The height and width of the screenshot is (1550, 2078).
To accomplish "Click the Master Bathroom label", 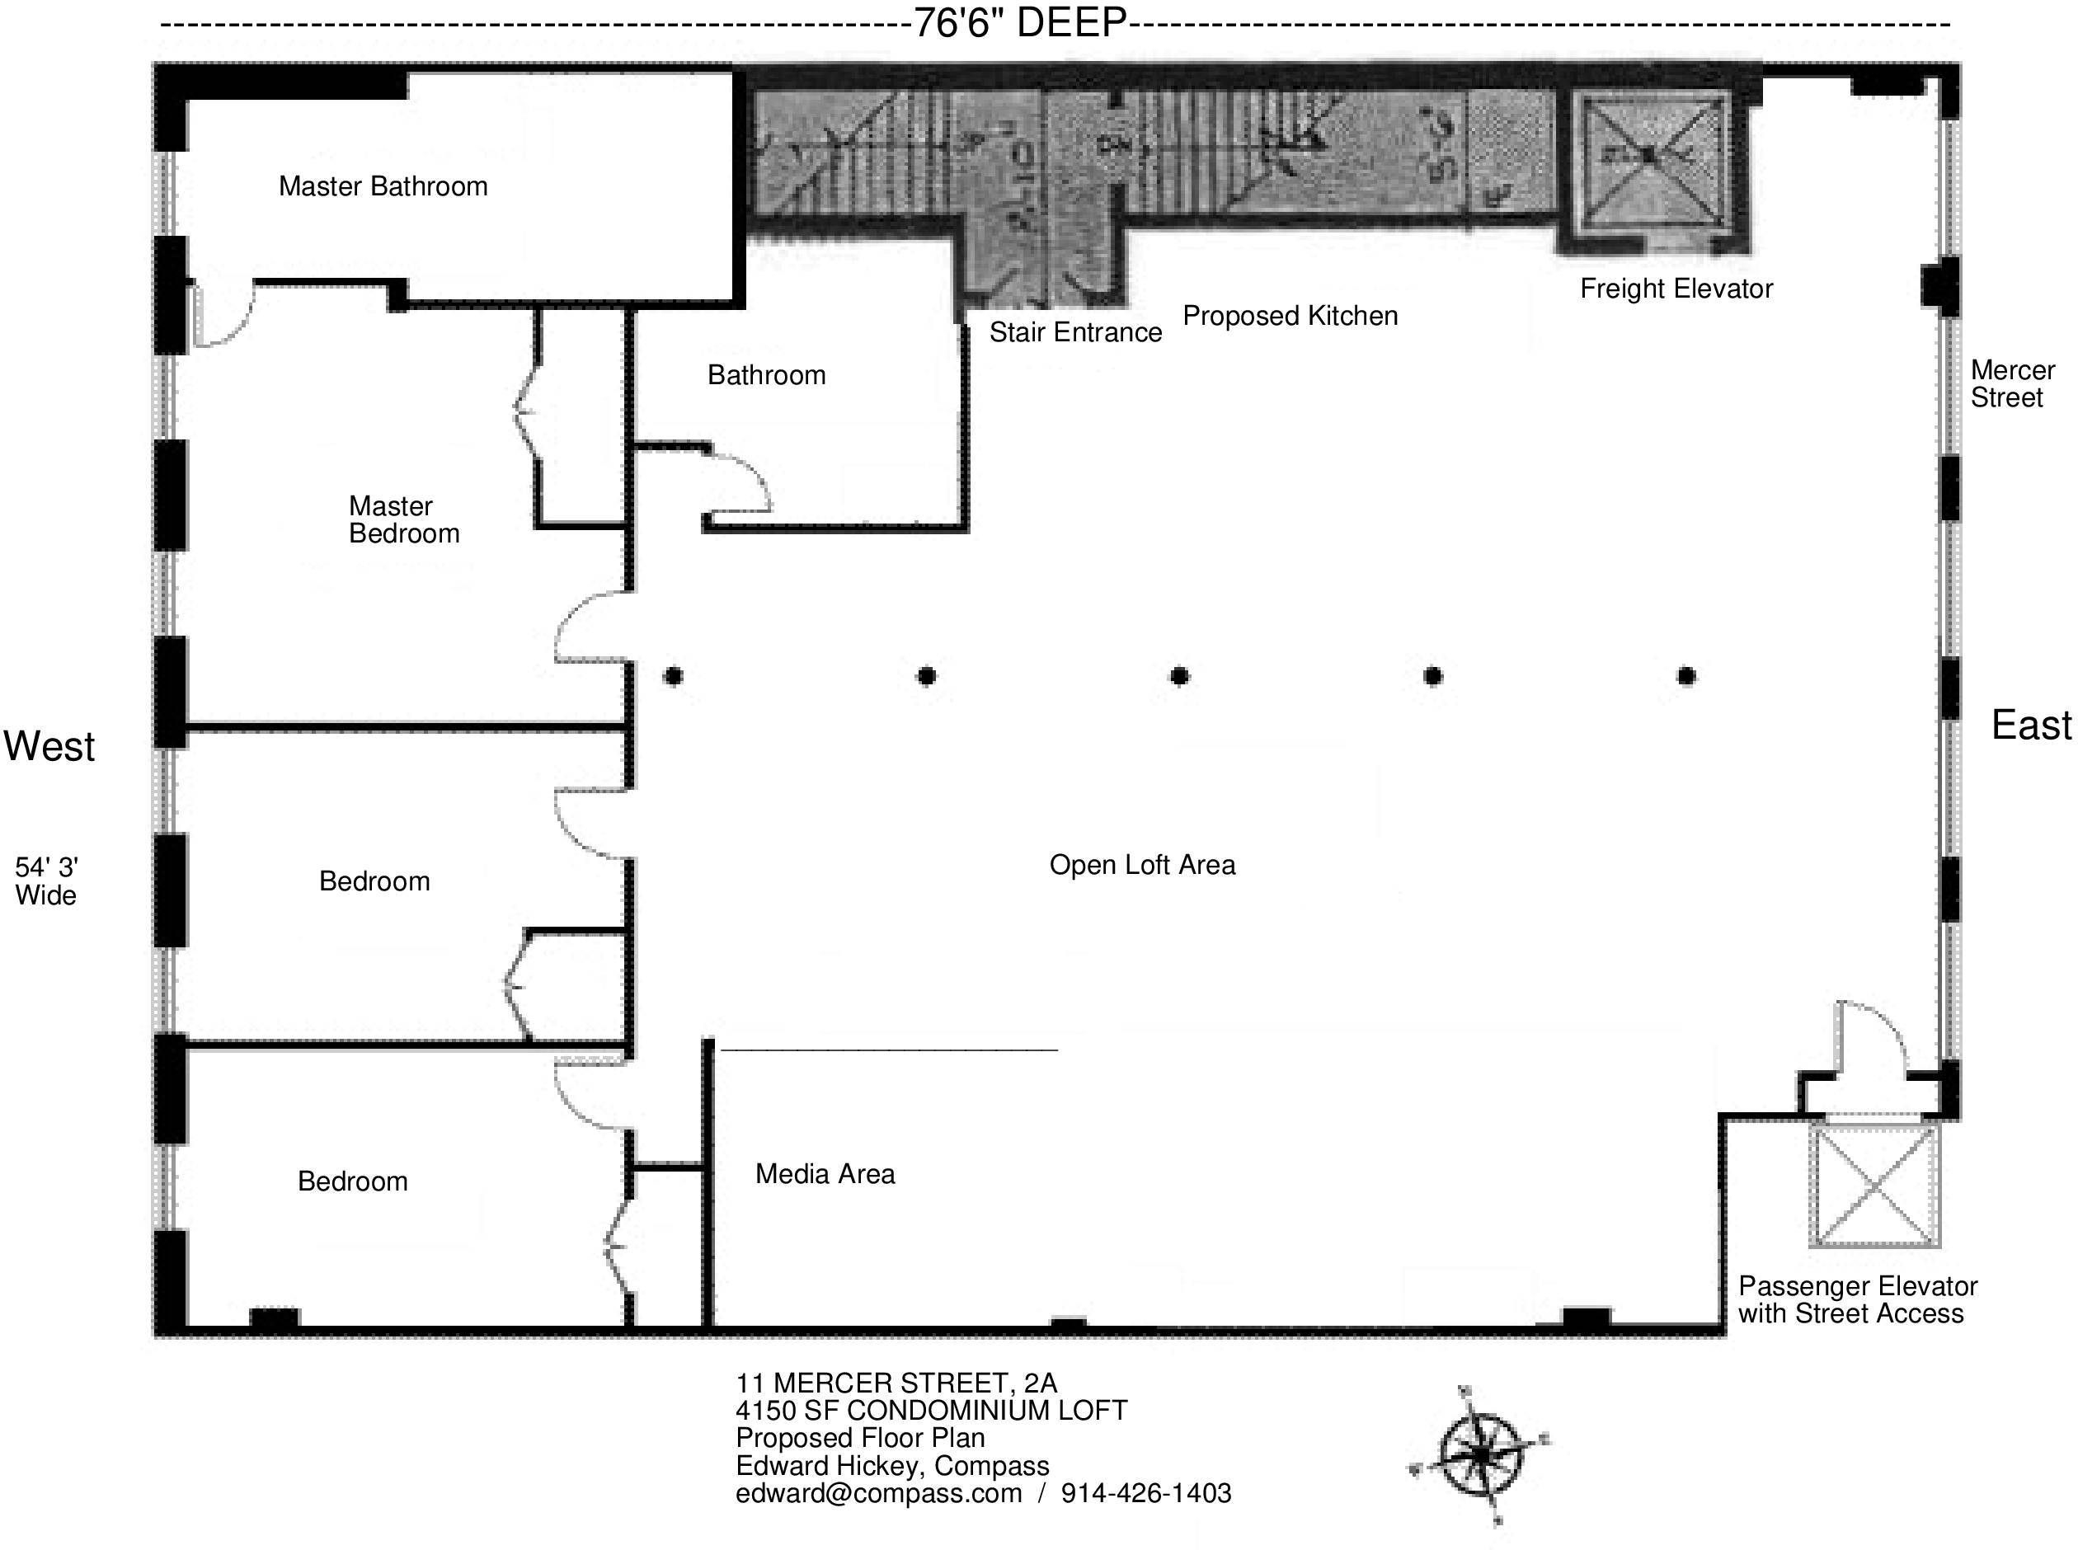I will (383, 186).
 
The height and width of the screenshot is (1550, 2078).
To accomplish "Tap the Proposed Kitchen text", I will (1289, 317).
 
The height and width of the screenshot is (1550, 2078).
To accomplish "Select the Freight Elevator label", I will (1676, 289).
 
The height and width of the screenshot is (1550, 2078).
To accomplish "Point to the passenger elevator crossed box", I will (1873, 1185).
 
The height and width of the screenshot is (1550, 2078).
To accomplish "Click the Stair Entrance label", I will (1075, 332).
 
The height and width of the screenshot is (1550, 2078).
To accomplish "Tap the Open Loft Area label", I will (1142, 865).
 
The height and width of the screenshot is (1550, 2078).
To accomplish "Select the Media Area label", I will (825, 1174).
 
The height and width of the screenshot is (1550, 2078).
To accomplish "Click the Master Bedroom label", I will (403, 519).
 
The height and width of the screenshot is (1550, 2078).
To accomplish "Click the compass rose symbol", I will (1479, 1455).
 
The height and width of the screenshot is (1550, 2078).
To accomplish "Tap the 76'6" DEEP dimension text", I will (1020, 22).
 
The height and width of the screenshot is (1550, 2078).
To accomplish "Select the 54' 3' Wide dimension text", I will (46, 881).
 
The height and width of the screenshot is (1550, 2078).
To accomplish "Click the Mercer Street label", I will (2011, 383).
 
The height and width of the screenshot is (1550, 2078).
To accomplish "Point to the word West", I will (49, 746).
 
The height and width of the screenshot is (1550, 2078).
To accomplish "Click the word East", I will (2031, 726).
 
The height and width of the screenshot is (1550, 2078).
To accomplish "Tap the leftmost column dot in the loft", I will (673, 675).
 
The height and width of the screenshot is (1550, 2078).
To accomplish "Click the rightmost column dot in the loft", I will (1685, 675).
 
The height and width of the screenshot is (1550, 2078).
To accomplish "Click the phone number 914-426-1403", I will (1145, 1493).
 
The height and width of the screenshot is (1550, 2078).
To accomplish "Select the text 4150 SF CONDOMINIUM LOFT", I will (931, 1410).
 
